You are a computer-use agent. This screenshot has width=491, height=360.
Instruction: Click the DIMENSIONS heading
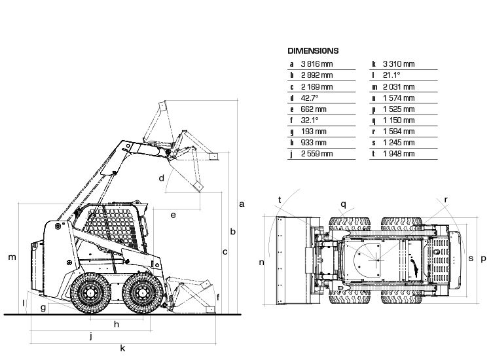tap(313, 50)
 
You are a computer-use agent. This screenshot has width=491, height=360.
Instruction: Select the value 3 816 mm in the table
tap(316, 64)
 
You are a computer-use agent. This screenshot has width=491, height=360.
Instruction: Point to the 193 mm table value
tap(313, 132)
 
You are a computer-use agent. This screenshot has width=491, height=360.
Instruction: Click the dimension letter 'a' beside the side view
tap(242, 204)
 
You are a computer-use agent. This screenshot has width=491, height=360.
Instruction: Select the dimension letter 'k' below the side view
tap(122, 348)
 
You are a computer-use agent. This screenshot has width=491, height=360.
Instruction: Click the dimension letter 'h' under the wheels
tap(117, 324)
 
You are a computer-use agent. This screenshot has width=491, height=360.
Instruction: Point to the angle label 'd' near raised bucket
tap(160, 178)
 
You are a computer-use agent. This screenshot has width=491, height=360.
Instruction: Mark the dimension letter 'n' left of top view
tap(261, 262)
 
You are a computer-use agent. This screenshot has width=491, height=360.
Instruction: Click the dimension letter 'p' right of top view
tap(483, 259)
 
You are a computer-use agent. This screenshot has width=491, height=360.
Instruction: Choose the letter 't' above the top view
tap(280, 199)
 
